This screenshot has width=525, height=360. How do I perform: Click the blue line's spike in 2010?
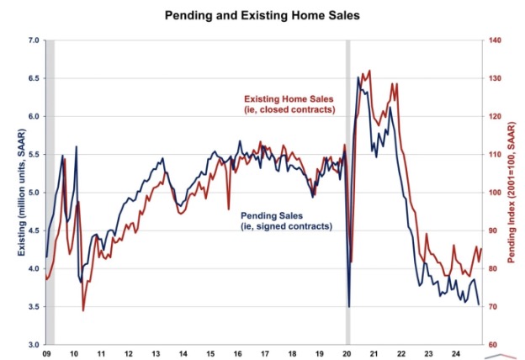click(x=77, y=147)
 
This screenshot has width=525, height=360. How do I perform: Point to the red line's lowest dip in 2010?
click(x=83, y=310)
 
